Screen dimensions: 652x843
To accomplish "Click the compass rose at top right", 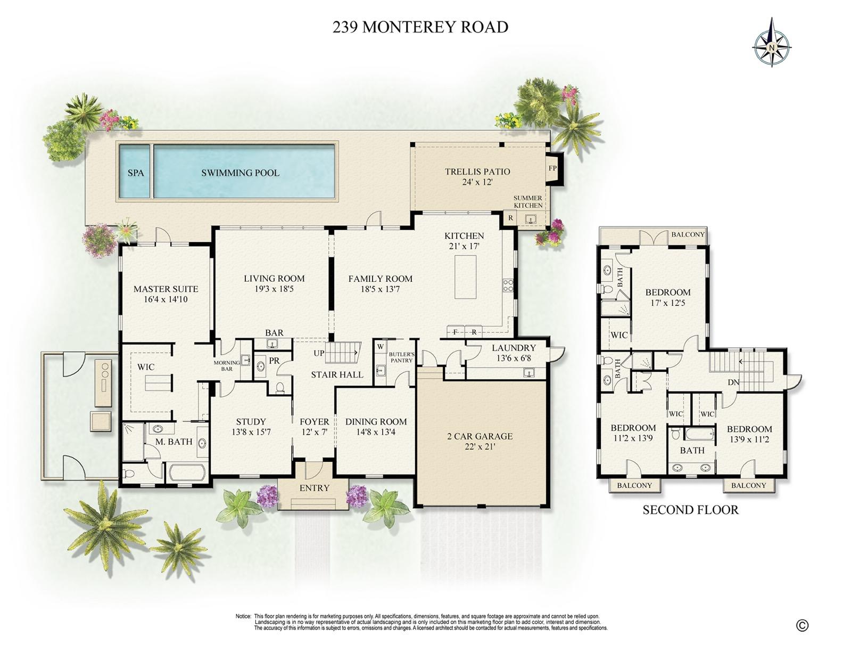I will tap(772, 43).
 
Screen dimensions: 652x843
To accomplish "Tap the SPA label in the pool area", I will tap(136, 173).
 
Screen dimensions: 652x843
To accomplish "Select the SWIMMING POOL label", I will tap(240, 173).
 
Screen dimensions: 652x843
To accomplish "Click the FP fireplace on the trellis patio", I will tap(552, 168).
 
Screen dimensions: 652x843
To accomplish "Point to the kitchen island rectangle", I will tap(466, 277).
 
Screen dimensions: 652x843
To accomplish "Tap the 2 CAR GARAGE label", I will tap(480, 436).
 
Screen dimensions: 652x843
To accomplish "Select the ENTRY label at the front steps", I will tap(315, 488).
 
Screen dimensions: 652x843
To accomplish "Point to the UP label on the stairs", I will tap(319, 353).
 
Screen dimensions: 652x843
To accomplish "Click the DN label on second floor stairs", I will tap(733, 382).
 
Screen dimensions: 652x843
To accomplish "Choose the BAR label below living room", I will tap(274, 333).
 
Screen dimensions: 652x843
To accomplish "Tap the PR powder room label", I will tap(274, 361).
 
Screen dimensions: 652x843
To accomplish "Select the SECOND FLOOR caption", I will tap(690, 510).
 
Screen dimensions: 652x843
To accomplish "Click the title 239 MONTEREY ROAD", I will tap(420, 27).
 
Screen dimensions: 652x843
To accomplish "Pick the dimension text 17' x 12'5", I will tap(668, 303).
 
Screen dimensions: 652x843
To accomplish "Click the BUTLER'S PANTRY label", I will tap(401, 357).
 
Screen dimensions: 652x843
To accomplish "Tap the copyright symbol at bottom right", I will tap(802, 625).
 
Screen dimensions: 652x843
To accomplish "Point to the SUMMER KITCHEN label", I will tap(528, 201).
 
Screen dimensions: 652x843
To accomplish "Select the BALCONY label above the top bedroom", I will tap(688, 234).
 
